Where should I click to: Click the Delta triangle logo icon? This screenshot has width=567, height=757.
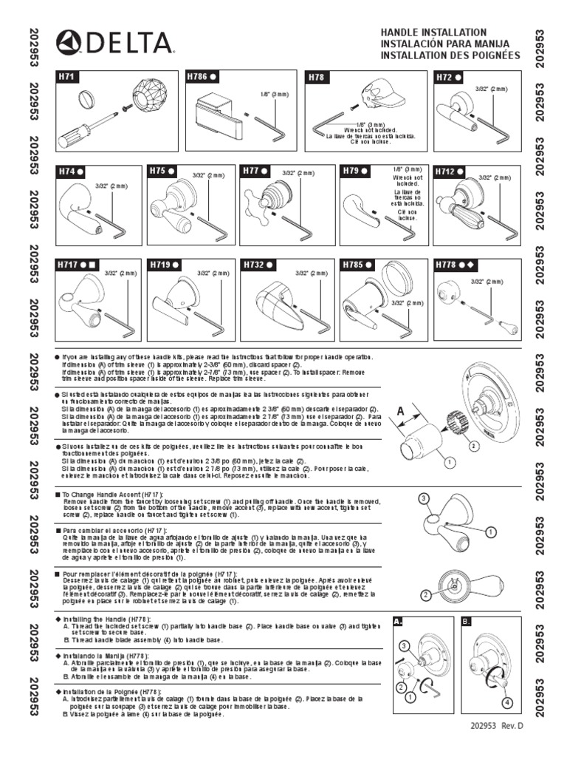pyautogui.click(x=70, y=44)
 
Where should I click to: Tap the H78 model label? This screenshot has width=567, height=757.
pyautogui.click(x=315, y=76)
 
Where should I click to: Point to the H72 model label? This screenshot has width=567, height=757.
pyautogui.click(x=445, y=76)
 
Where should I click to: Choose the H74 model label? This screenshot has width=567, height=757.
pyautogui.click(x=68, y=171)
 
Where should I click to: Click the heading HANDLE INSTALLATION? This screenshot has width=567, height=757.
pyautogui.click(x=433, y=32)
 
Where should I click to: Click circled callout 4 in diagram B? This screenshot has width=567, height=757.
pyautogui.click(x=506, y=702)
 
